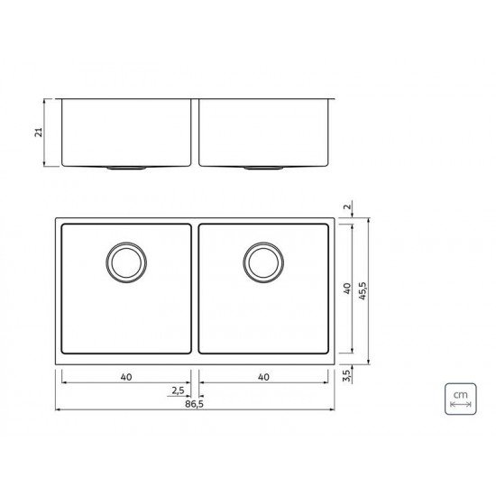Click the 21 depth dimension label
(37, 133)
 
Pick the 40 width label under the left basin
(125, 377)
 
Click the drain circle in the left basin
(124, 262)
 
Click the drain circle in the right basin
(261, 262)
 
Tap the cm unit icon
(460, 398)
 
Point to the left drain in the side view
(123, 168)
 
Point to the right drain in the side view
(261, 168)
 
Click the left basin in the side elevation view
(125, 132)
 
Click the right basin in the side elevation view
(264, 132)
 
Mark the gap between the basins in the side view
(195, 132)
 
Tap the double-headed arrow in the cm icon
(460, 407)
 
